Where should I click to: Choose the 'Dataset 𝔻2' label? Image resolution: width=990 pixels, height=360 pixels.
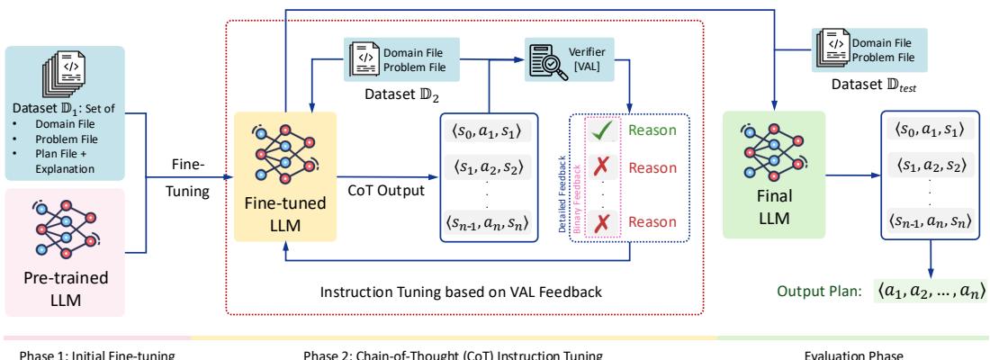396,90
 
